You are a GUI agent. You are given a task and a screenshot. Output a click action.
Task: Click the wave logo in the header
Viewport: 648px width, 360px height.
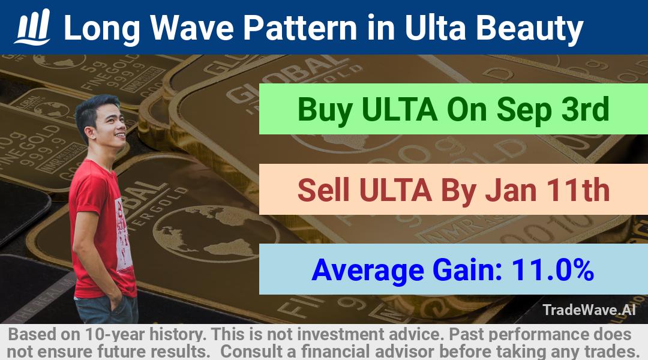coord(32,27)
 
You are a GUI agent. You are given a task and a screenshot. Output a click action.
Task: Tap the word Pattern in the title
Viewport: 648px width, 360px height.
coord(299,28)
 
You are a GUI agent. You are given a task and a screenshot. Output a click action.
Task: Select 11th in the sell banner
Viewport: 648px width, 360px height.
coord(578,190)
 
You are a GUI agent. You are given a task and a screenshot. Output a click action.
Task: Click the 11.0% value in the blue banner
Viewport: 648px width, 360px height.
coord(553,270)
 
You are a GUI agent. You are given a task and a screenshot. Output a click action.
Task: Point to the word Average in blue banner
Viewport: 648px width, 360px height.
coord(368,271)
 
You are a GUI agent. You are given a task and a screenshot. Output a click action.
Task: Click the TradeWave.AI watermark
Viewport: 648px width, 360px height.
coord(589,310)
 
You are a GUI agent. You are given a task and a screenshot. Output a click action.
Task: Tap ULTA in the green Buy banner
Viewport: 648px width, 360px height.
coord(400,110)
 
